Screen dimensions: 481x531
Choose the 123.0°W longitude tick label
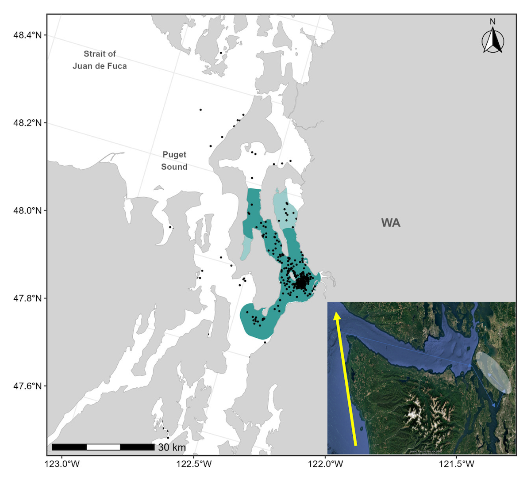[62, 464]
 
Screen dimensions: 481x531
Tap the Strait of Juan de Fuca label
[100, 60]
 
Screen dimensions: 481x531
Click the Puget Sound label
[174, 160]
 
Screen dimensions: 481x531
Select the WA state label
[391, 223]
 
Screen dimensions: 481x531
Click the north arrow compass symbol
[493, 41]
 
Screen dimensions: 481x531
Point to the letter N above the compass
[493, 22]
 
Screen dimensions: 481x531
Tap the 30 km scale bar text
[172, 447]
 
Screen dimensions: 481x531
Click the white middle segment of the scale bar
[103, 447]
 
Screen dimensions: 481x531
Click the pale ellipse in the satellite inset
[493, 372]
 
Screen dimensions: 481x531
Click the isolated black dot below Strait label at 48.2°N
[200, 110]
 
